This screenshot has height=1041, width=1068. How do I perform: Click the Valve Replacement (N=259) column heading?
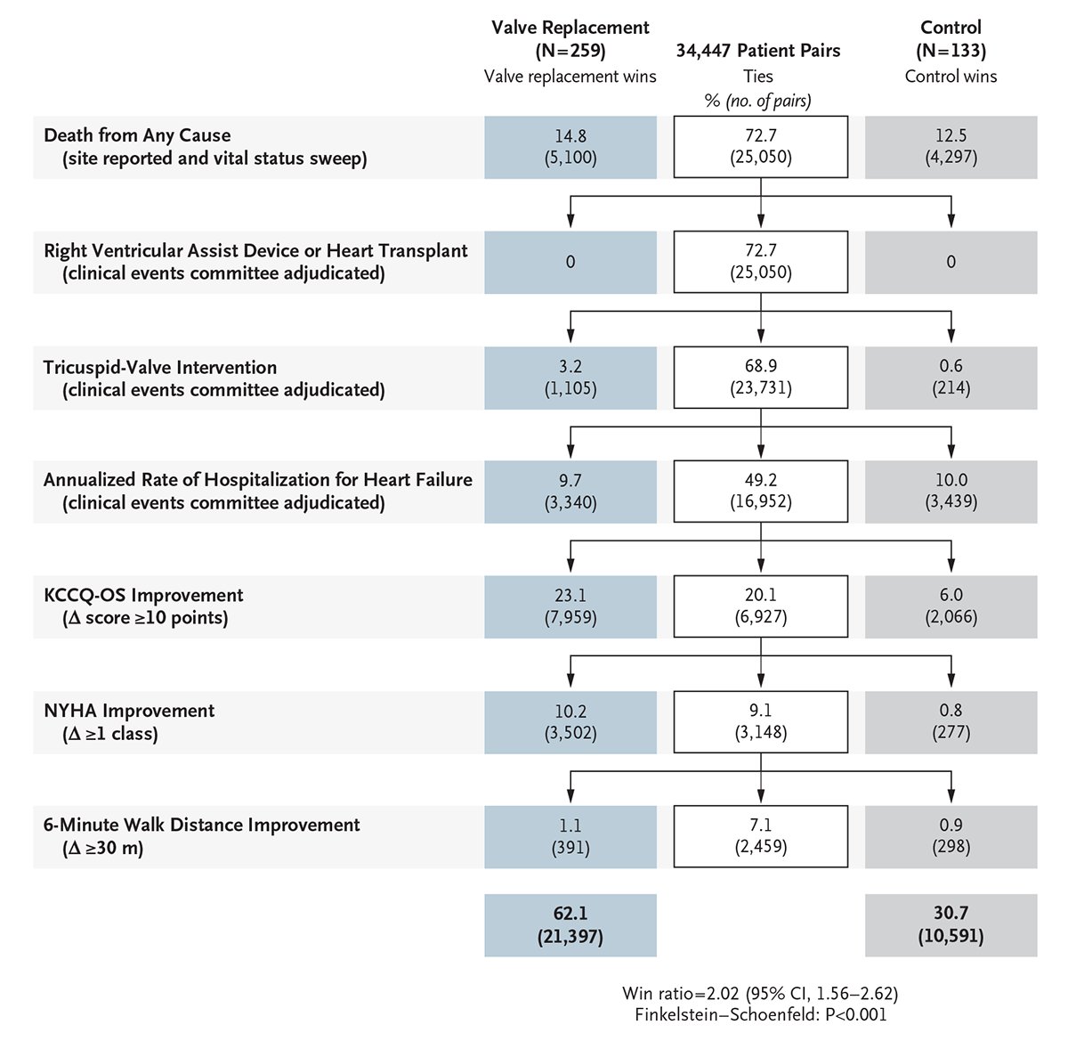pyautogui.click(x=570, y=38)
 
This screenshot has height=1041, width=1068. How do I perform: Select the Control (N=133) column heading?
pyautogui.click(x=951, y=38)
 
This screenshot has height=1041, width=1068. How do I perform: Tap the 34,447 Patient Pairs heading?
pyautogui.click(x=757, y=51)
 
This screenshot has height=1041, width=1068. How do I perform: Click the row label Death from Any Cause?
pyautogui.click(x=137, y=135)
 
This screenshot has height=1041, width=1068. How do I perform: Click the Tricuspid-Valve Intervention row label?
pyautogui.click(x=160, y=367)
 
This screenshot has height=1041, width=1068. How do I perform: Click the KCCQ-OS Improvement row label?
pyautogui.click(x=143, y=595)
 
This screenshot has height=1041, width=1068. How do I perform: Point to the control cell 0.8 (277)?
pyautogui.click(x=951, y=721)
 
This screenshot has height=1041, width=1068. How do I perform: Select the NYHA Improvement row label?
pyautogui.click(x=129, y=711)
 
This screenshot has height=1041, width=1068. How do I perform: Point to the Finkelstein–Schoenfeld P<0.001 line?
pyautogui.click(x=760, y=1014)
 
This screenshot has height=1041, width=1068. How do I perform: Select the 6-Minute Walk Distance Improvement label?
pyautogui.click(x=202, y=825)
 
